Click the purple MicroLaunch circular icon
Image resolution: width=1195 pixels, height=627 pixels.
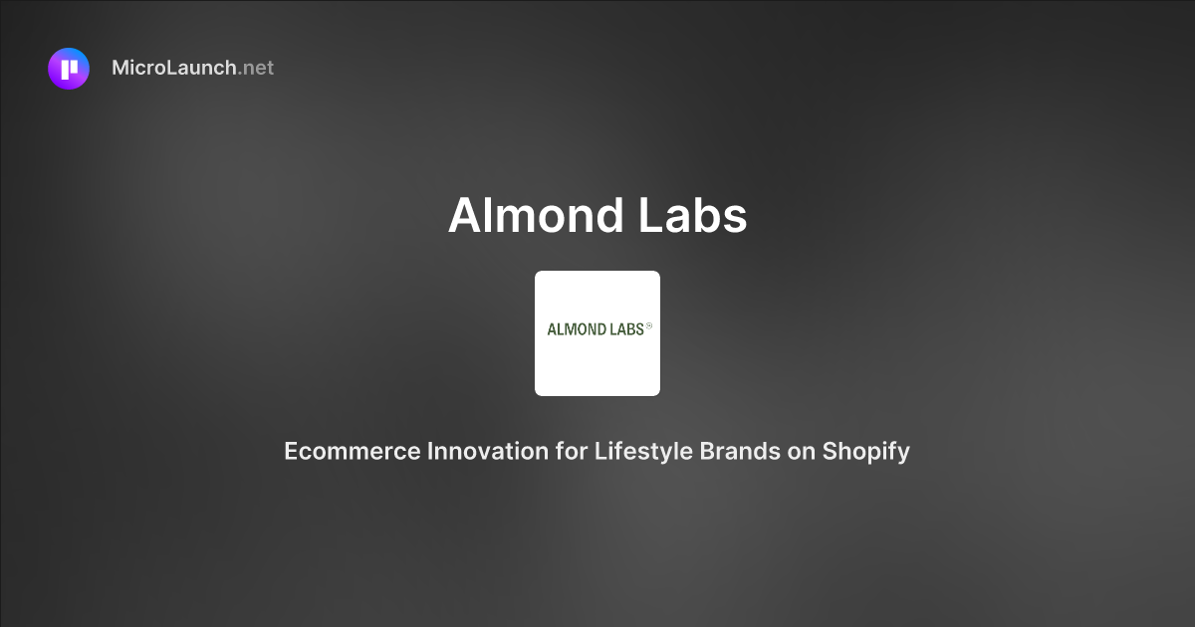(x=69, y=69)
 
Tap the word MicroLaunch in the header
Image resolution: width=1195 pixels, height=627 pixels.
(x=174, y=69)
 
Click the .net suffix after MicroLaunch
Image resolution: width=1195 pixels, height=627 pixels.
(x=256, y=69)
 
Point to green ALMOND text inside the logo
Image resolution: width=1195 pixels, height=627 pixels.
(x=577, y=329)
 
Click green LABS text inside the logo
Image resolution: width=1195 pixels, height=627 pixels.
(x=626, y=329)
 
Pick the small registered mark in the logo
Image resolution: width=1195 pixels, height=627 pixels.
(x=649, y=325)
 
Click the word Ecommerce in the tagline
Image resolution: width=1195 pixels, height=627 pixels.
(x=353, y=451)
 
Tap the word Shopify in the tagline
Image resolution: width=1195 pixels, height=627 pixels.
(x=866, y=451)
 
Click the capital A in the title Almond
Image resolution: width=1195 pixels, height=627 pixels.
(x=465, y=215)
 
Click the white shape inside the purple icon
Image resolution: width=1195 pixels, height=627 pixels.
(x=69, y=69)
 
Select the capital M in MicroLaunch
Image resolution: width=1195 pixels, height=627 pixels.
(x=121, y=69)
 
